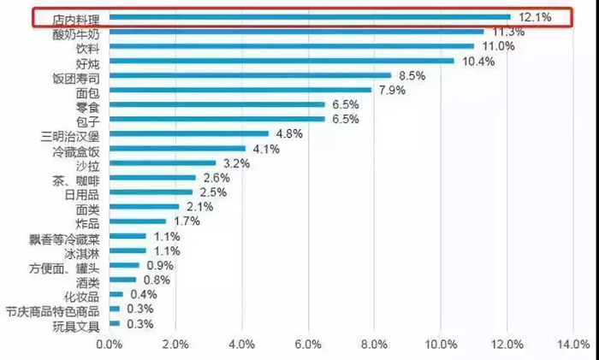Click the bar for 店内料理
[x=308, y=16]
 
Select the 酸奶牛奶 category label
[x=75, y=32]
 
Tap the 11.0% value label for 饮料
[x=498, y=46]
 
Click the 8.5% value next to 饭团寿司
[x=412, y=76]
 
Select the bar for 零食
[x=216, y=104]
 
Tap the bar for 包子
[x=216, y=119]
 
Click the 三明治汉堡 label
[x=69, y=135]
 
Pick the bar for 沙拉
[x=163, y=162]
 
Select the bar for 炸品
[x=137, y=221]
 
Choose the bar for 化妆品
[x=116, y=294]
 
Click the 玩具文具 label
[x=75, y=326]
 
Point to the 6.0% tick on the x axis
[x=307, y=344]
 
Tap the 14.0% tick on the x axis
[x=572, y=344]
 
